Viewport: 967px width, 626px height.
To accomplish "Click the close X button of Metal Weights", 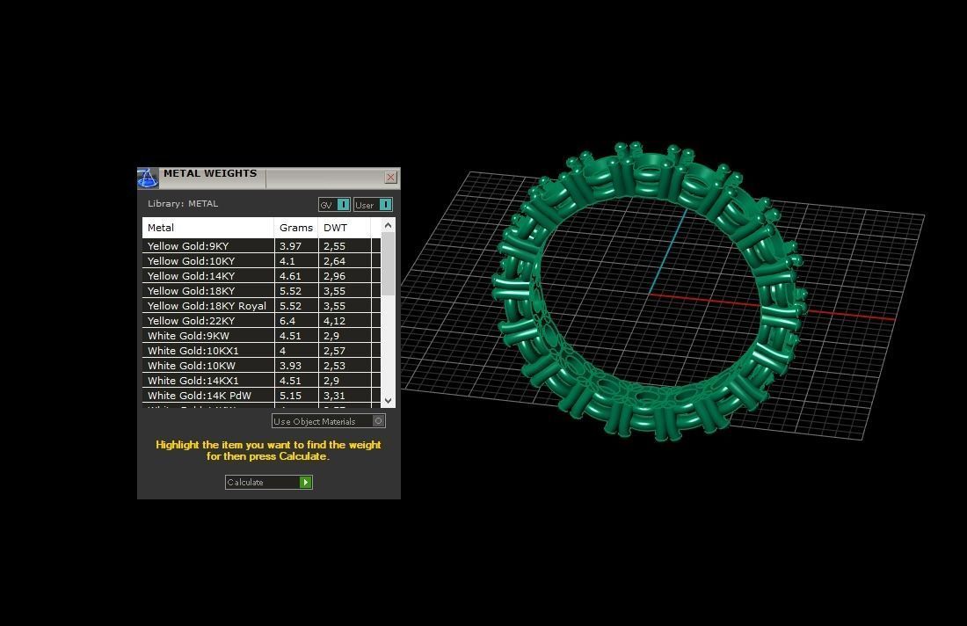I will pyautogui.click(x=390, y=178).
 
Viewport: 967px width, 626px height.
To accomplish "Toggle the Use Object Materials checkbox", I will pyautogui.click(x=379, y=421).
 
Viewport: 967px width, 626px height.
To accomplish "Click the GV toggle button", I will pyautogui.click(x=334, y=205).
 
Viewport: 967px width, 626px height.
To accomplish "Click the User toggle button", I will pyautogui.click(x=373, y=205).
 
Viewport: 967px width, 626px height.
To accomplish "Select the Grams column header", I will pyautogui.click(x=296, y=228).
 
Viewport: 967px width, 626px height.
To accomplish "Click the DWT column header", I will pyautogui.click(x=335, y=228).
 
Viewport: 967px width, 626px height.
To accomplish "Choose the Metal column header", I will pyautogui.click(x=161, y=228).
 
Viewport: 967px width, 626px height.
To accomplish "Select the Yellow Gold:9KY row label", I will pyautogui.click(x=188, y=246).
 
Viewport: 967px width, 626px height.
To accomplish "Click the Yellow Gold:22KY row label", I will pyautogui.click(x=191, y=321).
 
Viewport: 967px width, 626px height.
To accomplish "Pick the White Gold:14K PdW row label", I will pyautogui.click(x=199, y=396).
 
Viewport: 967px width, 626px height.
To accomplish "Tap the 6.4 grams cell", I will pyautogui.click(x=287, y=321).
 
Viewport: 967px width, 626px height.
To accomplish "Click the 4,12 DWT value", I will pyautogui.click(x=334, y=321).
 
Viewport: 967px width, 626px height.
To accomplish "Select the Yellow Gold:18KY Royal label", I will pyautogui.click(x=207, y=306).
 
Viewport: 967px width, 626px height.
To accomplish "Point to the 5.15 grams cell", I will pyautogui.click(x=290, y=396).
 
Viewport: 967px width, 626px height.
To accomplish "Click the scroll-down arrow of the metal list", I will pyautogui.click(x=389, y=401).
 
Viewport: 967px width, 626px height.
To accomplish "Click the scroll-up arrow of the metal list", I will pyautogui.click(x=389, y=226).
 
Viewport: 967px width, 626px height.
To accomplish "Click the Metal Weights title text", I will pyautogui.click(x=210, y=174).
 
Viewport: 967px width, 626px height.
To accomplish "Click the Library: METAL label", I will pyautogui.click(x=183, y=204).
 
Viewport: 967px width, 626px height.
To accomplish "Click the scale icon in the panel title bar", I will pyautogui.click(x=148, y=178).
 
